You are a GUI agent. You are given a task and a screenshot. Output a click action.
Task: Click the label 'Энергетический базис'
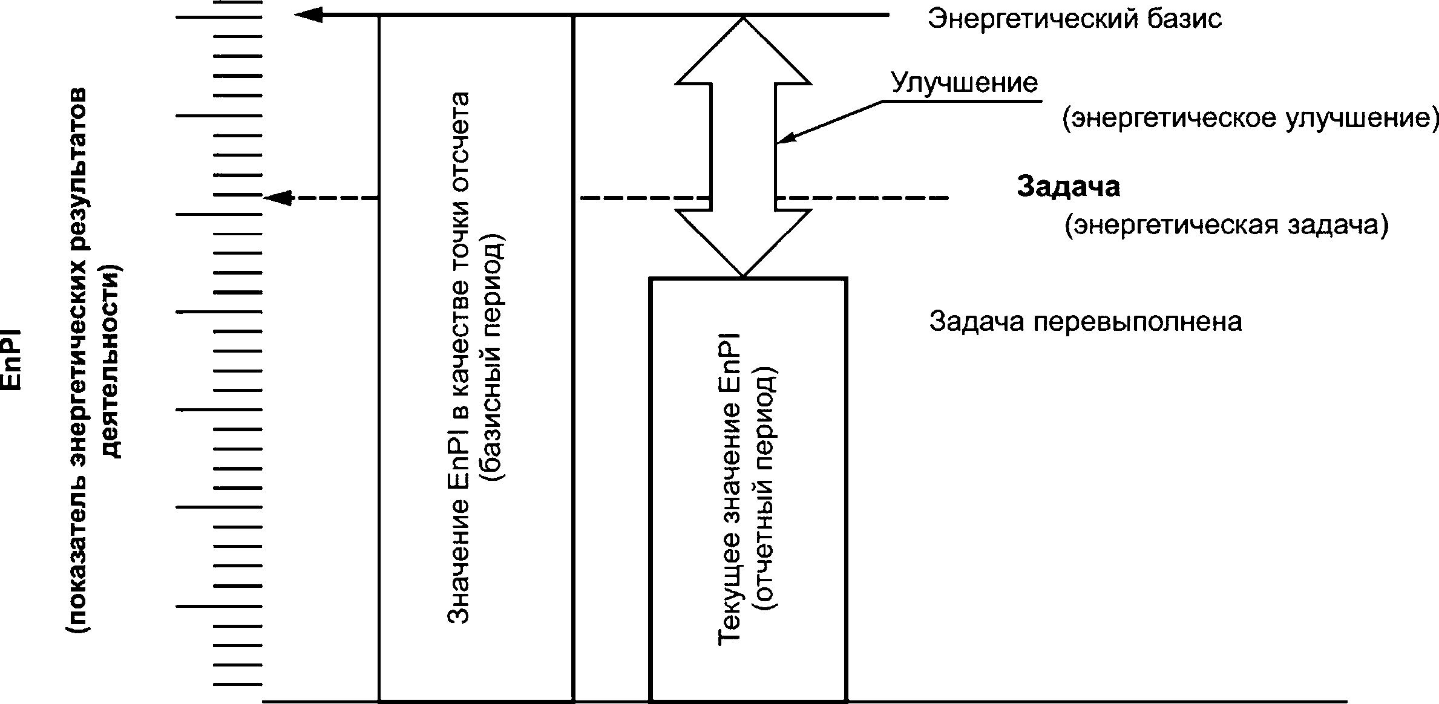coord(1075,19)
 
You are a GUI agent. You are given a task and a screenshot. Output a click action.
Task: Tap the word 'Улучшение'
coord(965,83)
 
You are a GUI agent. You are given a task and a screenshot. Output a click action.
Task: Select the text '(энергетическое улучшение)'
coord(1250,119)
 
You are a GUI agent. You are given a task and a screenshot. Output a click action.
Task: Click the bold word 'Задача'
coord(1068,187)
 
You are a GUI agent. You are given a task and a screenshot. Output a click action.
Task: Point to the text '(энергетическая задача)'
coord(1227,226)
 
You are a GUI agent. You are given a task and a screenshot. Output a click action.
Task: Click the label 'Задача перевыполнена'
coord(1086,322)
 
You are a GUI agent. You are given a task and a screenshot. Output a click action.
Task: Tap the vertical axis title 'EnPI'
coord(12,360)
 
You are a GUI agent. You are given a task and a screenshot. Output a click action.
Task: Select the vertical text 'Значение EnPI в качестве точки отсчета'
coord(459,358)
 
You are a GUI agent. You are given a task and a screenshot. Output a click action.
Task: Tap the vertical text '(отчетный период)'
coord(766,489)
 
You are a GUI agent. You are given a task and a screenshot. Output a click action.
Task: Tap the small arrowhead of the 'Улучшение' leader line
coord(785,139)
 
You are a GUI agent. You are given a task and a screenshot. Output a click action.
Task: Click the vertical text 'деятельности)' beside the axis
coord(111,361)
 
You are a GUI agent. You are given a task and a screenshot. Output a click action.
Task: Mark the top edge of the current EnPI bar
coord(748,278)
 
